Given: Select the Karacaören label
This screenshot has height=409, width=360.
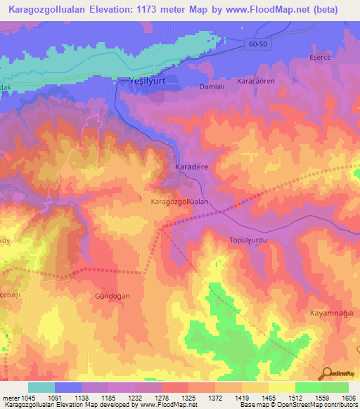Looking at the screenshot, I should (255, 81).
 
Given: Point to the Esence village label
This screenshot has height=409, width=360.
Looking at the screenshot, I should (321, 57).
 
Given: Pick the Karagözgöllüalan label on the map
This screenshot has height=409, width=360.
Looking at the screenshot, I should (181, 201).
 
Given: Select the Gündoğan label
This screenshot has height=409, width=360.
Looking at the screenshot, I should (112, 297).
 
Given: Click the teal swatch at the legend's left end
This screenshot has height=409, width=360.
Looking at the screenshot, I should (41, 387).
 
